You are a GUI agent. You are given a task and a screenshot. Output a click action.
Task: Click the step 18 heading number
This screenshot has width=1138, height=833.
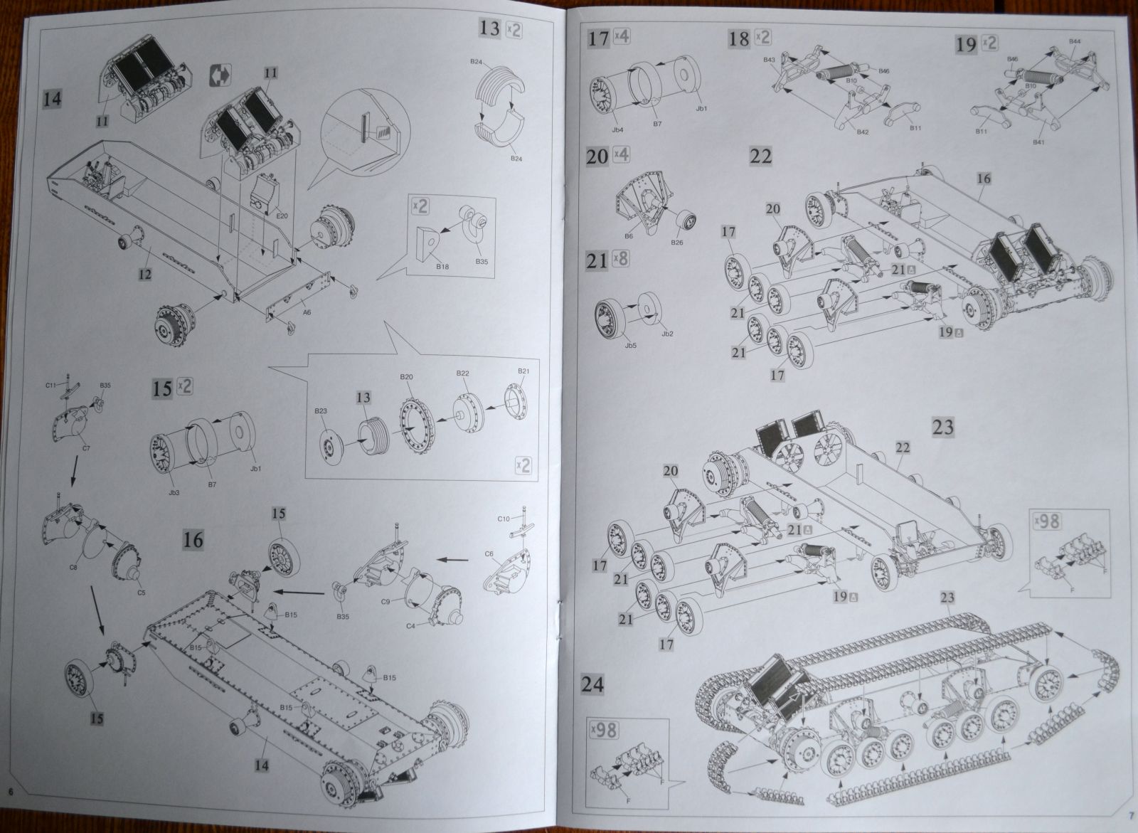739,38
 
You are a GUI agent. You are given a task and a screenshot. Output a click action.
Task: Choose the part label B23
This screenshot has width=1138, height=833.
321,410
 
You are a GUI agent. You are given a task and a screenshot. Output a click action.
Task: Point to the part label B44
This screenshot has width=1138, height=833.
1075,42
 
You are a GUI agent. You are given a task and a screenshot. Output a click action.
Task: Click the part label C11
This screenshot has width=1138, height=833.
50,384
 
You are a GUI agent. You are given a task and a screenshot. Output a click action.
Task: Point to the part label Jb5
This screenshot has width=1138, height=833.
610,346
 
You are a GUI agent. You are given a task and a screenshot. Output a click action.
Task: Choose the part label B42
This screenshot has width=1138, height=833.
862,132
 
